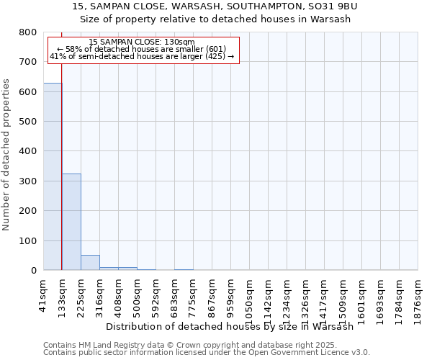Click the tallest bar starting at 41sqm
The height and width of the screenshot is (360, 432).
(53, 176)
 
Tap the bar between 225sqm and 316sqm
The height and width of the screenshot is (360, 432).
(90, 262)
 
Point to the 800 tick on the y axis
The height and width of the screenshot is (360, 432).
(29, 32)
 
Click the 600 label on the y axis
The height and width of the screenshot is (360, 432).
(29, 92)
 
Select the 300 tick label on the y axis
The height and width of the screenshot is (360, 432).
(29, 181)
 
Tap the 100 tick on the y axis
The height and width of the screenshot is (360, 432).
(29, 241)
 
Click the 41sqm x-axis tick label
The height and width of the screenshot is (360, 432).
(44, 295)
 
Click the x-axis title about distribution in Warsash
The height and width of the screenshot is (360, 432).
(234, 326)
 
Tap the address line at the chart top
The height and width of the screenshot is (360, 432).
(215, 6)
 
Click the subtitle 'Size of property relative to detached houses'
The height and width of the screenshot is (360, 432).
(215, 19)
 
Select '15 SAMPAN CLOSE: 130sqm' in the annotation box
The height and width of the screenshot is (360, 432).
(142, 42)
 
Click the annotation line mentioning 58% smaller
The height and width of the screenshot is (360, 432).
(142, 49)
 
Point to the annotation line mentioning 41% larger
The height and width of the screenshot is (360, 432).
(142, 56)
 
